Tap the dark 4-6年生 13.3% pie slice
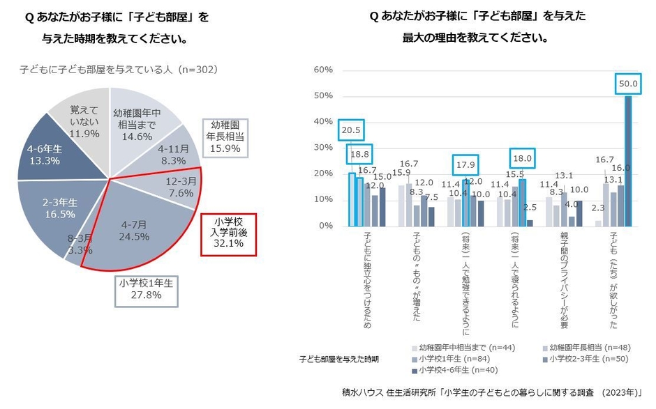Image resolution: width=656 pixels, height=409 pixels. [45, 151]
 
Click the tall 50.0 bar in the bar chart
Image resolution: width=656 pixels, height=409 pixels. [627, 161]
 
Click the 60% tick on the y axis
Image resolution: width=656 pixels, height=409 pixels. [323, 70]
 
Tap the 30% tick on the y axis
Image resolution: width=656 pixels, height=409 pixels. [323, 148]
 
